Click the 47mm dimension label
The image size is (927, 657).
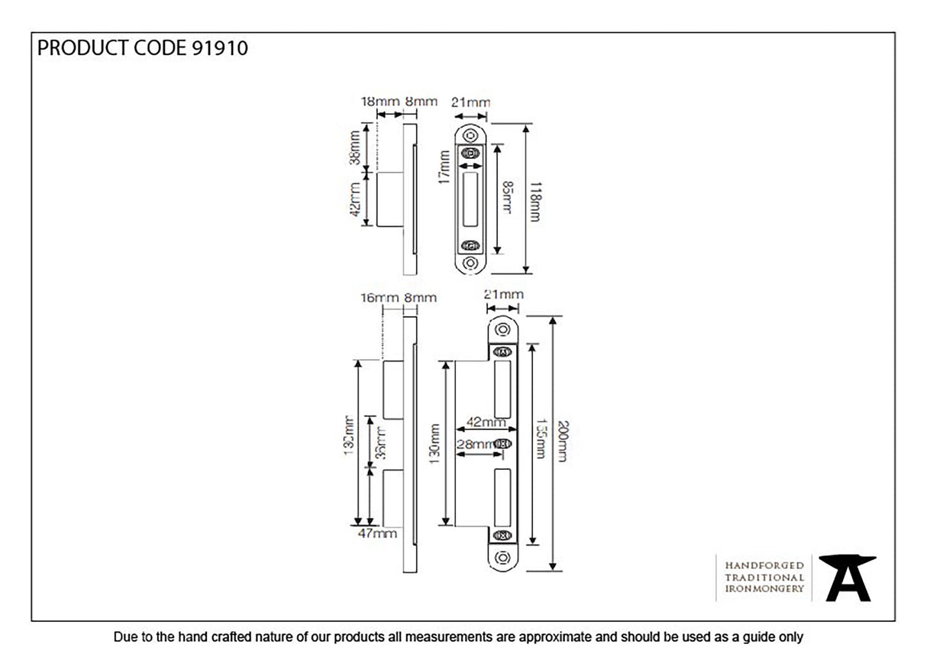[377, 533]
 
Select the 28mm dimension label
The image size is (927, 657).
[473, 444]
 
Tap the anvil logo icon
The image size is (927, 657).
[847, 578]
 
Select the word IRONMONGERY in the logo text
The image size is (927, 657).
[764, 588]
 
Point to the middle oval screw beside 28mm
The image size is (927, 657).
[502, 444]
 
